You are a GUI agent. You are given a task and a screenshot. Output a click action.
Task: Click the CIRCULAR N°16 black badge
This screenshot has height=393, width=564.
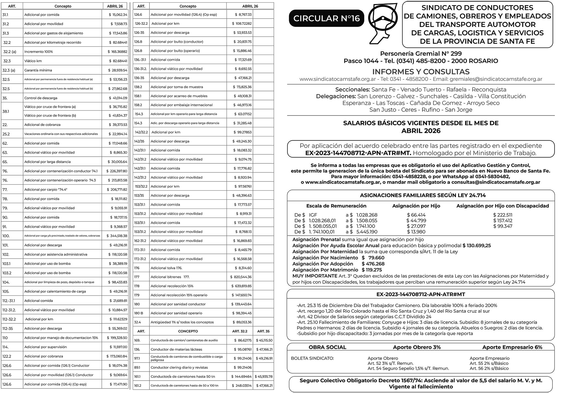pos(327,18)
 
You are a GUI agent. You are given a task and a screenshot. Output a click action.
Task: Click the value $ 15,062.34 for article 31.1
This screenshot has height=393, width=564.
pos(118,15)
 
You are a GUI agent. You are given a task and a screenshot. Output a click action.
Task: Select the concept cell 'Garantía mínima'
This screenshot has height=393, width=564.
pos(38,70)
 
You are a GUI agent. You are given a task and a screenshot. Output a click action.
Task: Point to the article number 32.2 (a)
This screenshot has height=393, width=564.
pos(10,52)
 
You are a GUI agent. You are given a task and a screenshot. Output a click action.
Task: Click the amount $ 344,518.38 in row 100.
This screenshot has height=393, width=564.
pos(117,236)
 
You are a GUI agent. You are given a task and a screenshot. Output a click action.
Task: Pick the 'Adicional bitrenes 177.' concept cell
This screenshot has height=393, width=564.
pos(166,277)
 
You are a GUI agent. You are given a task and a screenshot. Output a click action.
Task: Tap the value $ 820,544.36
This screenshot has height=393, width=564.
pos(241,277)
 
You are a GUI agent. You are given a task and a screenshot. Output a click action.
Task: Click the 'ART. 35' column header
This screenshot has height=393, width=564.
pos(263,331)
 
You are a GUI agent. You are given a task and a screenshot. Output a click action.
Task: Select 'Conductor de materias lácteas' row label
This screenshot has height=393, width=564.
pos(176,349)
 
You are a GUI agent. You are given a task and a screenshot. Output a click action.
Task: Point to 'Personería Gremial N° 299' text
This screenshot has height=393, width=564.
pos(421,54)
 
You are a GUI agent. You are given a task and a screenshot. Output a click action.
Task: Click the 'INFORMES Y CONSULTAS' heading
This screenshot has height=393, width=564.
pos(421,72)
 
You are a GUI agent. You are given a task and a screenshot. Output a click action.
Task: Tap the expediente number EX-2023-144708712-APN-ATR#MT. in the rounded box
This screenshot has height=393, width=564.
pos(358,153)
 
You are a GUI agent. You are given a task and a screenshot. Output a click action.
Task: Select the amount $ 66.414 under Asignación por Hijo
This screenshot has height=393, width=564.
pos(416,215)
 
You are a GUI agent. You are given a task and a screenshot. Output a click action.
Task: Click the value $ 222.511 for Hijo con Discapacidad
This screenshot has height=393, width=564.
pos(503,215)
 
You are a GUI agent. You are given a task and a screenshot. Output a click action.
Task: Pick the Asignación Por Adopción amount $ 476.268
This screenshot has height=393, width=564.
pos(373,264)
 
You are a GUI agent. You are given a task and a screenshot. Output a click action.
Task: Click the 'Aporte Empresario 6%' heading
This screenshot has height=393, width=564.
pos(512,347)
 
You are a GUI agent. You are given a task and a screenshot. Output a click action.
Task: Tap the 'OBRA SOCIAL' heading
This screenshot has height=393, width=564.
pos(327,347)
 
